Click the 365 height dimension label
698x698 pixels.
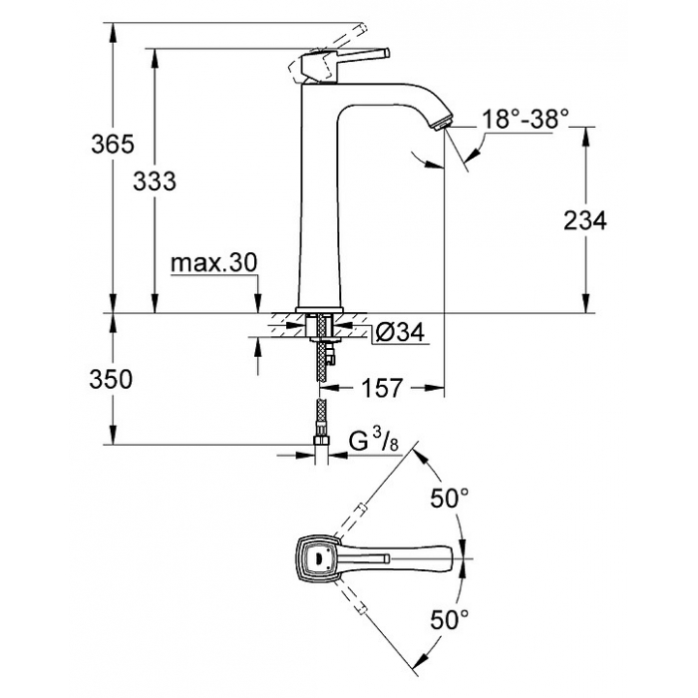[113, 144]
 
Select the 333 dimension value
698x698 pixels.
[155, 181]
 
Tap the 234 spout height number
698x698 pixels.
[585, 220]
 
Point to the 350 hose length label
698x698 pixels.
[111, 380]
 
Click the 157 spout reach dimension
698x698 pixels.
[382, 388]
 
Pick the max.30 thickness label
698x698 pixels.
[213, 263]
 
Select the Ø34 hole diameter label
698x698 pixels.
[400, 332]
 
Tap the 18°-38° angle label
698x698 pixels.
[525, 120]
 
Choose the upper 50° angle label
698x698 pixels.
[449, 498]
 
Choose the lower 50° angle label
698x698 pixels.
[449, 619]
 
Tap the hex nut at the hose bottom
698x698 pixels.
[321, 441]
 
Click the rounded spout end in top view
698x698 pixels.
[445, 557]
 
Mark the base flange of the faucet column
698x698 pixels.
[320, 310]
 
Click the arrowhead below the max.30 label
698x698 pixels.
[257, 304]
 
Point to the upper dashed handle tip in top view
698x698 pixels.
[361, 508]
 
